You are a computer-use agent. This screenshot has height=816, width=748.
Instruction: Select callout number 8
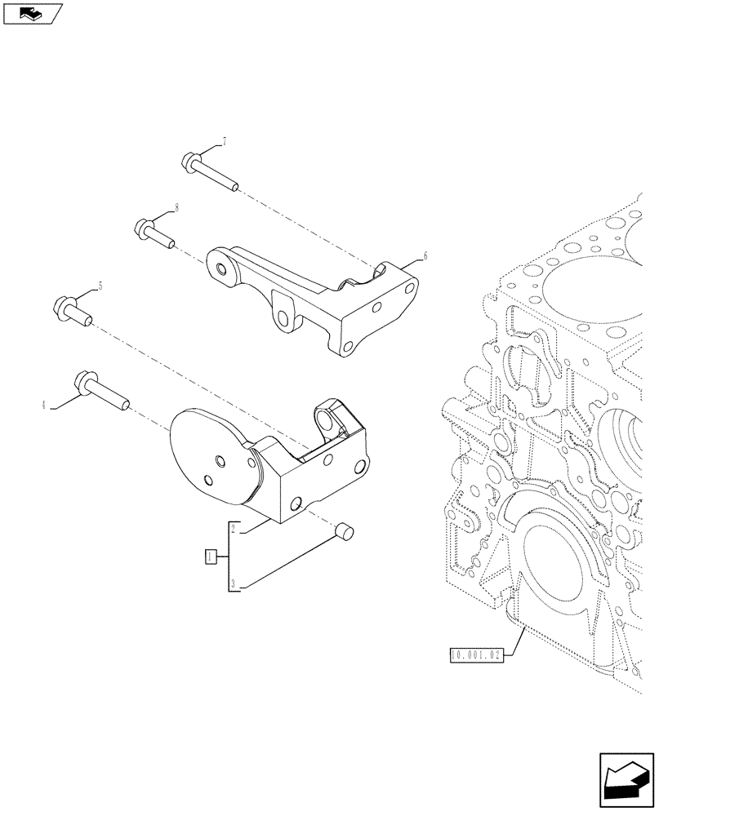pos(176,208)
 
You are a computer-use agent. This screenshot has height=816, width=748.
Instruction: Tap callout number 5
pos(100,286)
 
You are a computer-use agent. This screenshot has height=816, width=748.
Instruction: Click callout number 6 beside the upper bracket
pos(425,256)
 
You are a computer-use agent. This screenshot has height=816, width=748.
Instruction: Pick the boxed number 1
pos(211,557)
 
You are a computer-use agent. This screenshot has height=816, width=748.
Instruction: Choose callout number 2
pos(233,530)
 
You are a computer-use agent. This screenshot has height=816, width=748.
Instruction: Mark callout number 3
pos(233,583)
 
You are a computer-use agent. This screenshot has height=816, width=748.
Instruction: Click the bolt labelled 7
pos(208,174)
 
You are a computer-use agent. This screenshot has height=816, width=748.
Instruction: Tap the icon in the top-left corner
pos(33,13)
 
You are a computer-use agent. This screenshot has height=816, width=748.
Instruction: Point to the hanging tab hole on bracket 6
pos(283,317)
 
